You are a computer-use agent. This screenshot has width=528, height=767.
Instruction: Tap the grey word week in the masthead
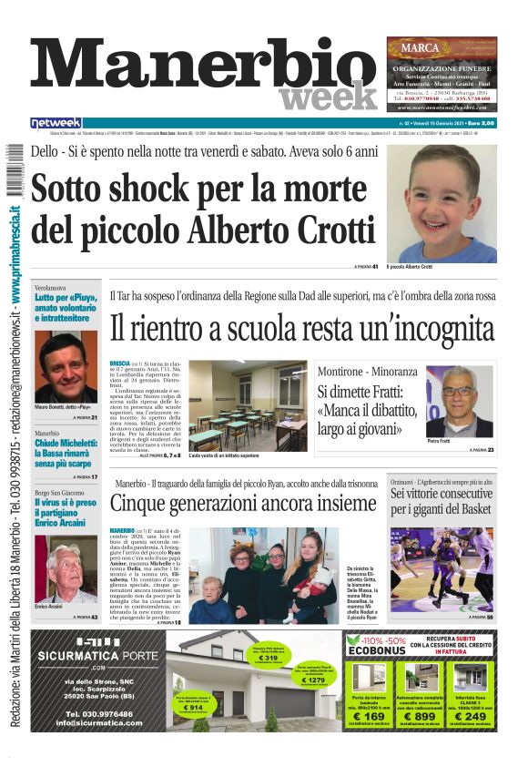328,97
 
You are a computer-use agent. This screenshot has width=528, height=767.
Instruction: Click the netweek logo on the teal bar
56,123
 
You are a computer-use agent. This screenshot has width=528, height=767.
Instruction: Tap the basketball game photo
442,568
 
